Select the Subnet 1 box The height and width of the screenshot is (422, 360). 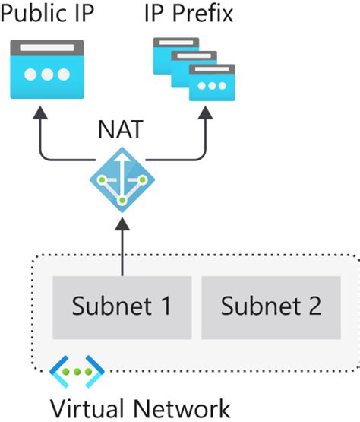[122, 307]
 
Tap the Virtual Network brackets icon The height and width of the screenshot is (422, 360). [77, 371]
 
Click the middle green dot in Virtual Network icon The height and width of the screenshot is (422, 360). [77, 372]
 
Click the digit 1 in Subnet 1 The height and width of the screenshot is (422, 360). [163, 306]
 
